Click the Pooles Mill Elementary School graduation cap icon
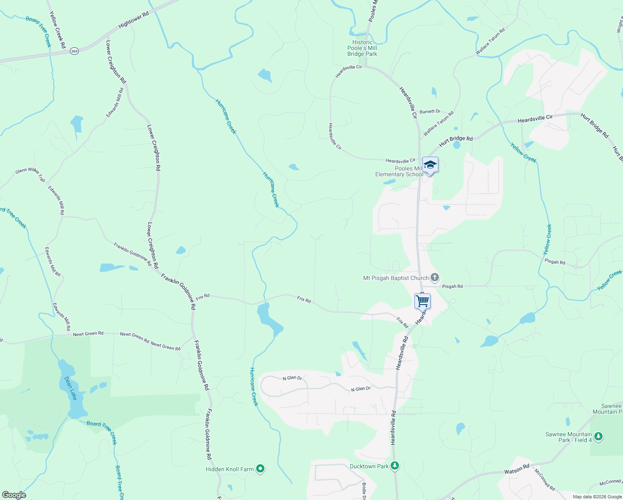430,165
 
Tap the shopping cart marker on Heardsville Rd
422,300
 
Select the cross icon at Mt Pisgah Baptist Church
434,277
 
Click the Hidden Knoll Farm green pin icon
260,469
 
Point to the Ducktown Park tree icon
395,466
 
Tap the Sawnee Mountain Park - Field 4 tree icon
598,437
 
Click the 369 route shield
74,51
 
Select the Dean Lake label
70,388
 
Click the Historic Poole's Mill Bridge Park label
362,48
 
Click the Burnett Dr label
430,112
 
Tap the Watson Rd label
516,470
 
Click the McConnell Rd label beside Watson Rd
545,480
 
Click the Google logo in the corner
14,495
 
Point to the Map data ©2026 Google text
597,497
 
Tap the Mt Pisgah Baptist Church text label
396,278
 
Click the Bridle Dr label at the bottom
364,491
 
